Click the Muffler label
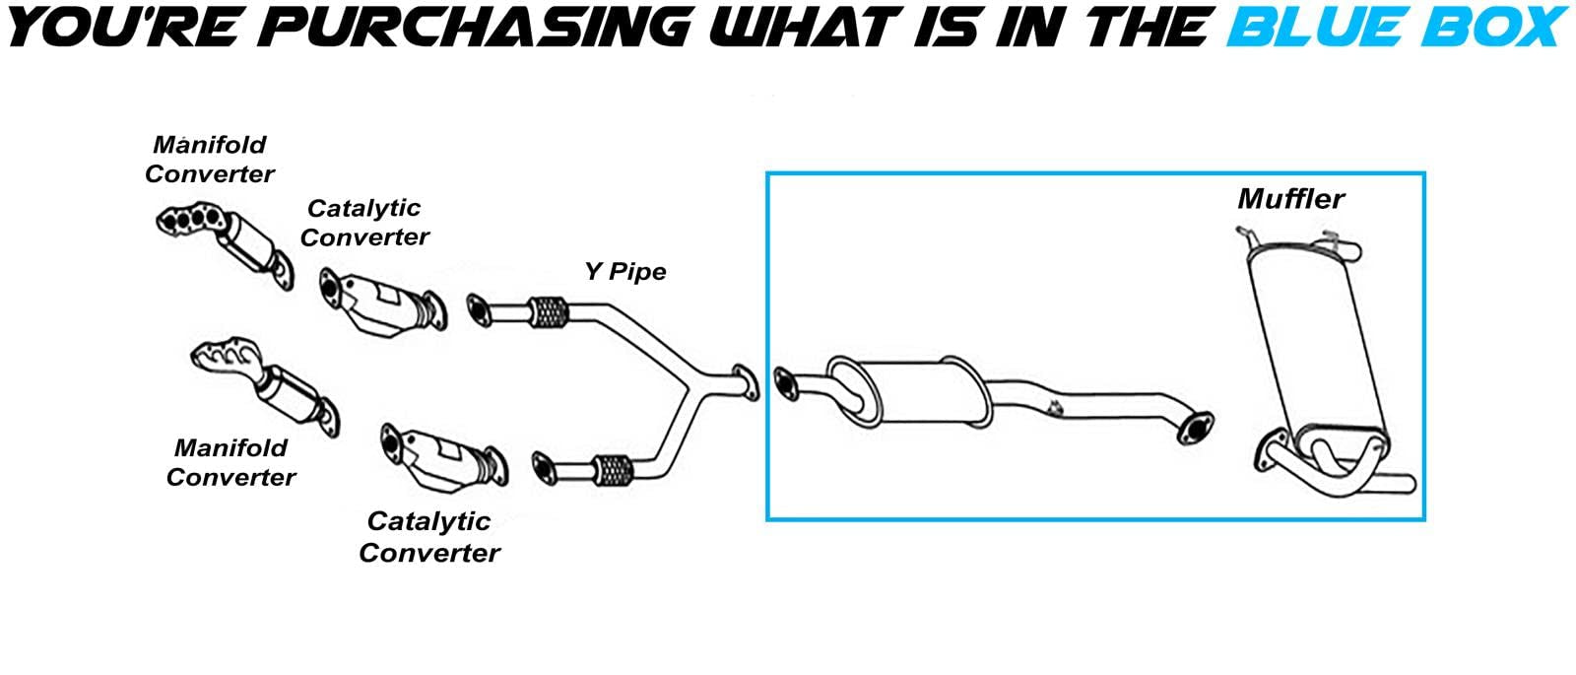(1291, 199)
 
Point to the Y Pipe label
(625, 272)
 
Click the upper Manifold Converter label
(210, 159)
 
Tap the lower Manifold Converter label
(230, 462)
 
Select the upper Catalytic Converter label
(364, 223)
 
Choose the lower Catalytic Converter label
(429, 537)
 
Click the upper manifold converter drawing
(227, 243)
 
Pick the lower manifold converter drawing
(267, 384)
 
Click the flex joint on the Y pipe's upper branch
(548, 312)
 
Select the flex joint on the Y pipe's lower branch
(613, 470)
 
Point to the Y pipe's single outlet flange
(746, 382)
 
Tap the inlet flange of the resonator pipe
(786, 383)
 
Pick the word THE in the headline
(1144, 27)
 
